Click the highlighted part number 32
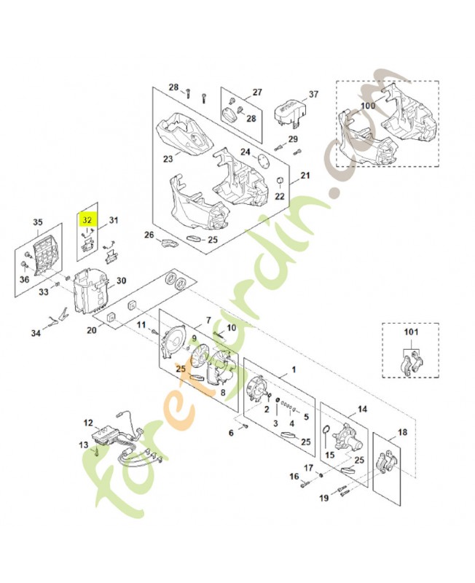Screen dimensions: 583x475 click(x=87, y=218)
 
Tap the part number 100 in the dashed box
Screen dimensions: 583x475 click(x=368, y=106)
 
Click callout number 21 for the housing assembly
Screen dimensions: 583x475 click(x=305, y=176)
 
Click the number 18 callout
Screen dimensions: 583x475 click(x=403, y=432)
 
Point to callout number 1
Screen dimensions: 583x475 click(x=294, y=370)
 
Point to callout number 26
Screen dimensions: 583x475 click(x=149, y=235)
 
